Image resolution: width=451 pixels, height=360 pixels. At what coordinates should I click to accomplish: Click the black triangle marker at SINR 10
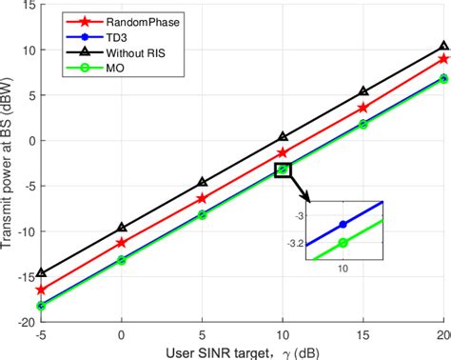point(282,137)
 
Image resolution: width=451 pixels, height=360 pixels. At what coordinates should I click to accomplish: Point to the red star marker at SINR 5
point(201,198)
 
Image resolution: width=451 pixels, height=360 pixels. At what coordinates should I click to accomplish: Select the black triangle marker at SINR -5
point(41,272)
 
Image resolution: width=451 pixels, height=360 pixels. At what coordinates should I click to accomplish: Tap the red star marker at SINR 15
point(363,108)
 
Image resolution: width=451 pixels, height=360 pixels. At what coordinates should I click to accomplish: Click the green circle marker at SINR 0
point(121,260)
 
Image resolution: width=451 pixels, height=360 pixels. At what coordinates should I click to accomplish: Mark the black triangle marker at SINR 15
point(363,92)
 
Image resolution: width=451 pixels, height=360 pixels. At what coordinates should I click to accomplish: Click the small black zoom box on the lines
point(282,170)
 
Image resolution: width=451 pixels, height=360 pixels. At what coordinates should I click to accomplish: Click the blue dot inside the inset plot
point(343,224)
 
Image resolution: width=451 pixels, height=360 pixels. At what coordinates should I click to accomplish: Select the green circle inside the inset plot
point(343,243)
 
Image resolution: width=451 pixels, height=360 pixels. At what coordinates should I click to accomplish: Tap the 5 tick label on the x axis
point(201,334)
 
